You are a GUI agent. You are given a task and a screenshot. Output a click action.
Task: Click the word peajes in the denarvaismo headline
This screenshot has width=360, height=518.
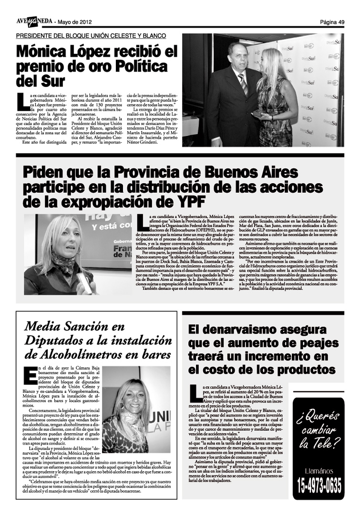click(x=319, y=343)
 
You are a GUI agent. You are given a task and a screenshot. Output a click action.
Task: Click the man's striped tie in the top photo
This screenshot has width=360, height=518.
click(x=243, y=83)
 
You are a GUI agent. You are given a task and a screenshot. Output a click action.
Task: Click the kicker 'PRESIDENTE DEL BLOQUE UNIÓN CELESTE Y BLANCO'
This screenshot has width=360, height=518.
click(x=91, y=36)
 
